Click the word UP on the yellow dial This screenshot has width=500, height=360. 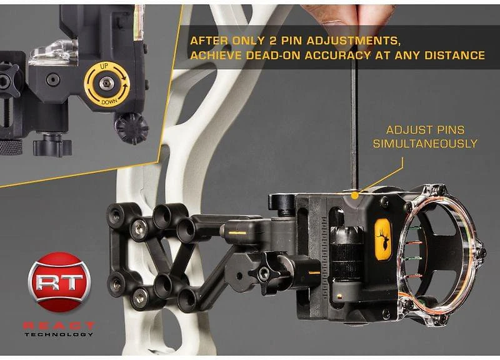(107, 67)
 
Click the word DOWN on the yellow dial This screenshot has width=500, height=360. (107, 99)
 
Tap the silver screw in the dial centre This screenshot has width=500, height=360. (107, 83)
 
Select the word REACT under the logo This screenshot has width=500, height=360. (59, 325)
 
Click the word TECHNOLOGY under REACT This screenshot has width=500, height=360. (59, 334)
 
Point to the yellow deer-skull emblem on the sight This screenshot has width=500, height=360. (382, 237)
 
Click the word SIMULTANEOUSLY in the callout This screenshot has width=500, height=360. (425, 144)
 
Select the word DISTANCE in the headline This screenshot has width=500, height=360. (453, 55)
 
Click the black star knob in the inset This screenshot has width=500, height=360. (131, 128)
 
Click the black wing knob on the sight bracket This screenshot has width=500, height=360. (262, 272)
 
